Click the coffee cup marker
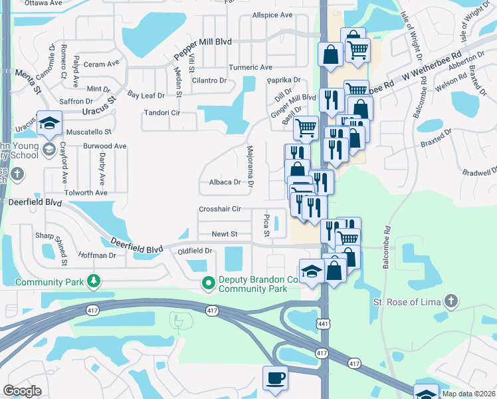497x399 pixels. [276, 378]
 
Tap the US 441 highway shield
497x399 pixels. [322, 323]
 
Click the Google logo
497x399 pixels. [23, 391]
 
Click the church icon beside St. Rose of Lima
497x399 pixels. [451, 302]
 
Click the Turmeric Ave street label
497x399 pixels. [250, 68]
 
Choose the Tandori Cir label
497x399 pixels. [162, 112]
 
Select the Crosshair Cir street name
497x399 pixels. [219, 209]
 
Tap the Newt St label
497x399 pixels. [225, 234]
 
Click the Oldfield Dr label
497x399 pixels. [195, 251]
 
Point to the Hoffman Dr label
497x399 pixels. [97, 255]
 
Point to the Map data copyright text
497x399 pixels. [468, 394]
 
